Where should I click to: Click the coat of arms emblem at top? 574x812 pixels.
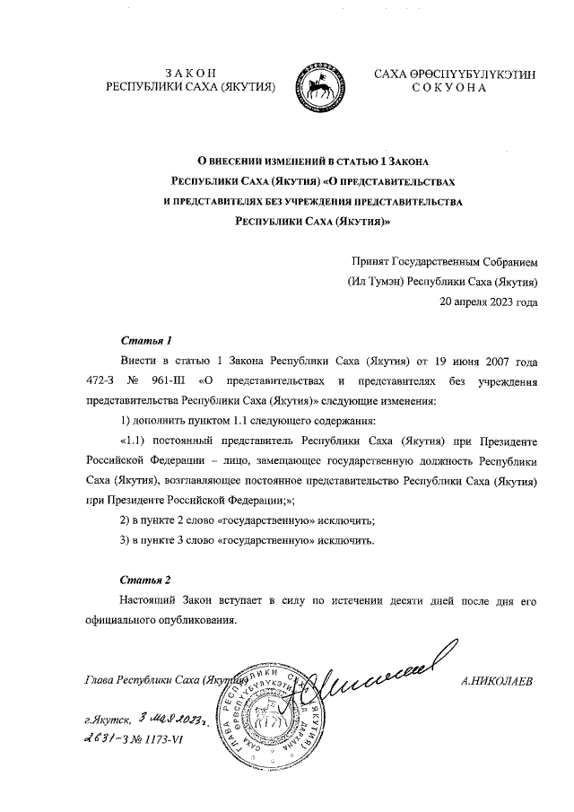coord(323,81)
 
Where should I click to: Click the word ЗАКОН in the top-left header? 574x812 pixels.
coord(192,73)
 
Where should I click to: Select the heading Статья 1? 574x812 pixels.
coord(144,342)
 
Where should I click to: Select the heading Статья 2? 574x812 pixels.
coord(144,581)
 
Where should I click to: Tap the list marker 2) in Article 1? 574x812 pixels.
coord(126,520)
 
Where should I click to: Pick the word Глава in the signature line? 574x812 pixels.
coord(99,680)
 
